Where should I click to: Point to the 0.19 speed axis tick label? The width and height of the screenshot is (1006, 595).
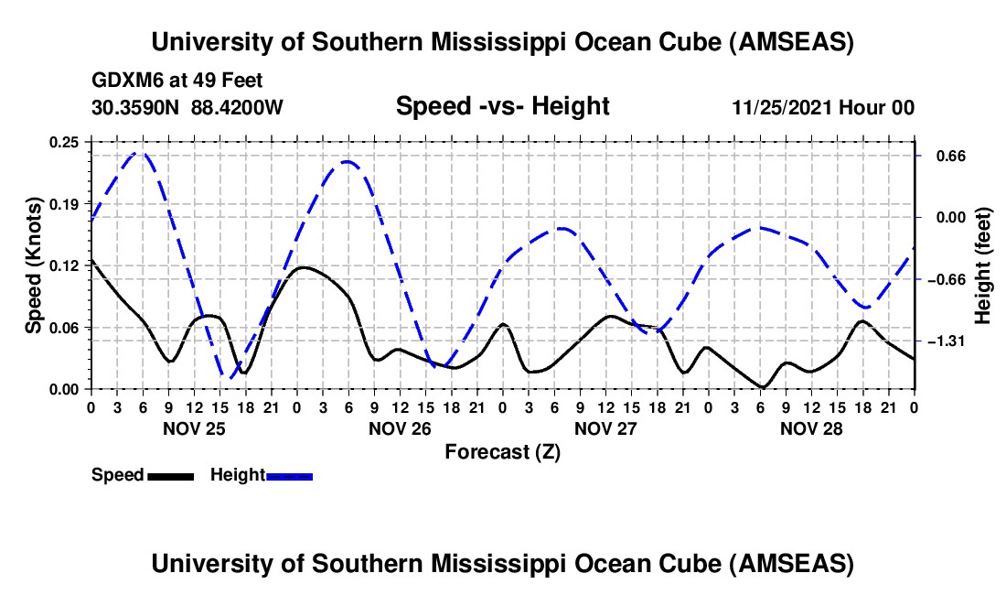[65, 203]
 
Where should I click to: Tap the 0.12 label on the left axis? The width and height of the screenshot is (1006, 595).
[65, 265]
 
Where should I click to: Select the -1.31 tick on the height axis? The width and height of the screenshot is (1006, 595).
[946, 341]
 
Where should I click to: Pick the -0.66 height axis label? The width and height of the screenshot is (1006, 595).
[946, 279]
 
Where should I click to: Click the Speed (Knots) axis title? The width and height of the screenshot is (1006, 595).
[33, 265]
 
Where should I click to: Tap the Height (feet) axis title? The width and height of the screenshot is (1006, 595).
[984, 265]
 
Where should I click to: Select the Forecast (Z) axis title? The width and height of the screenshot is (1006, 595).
[502, 451]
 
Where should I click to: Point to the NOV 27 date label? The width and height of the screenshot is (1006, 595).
[605, 428]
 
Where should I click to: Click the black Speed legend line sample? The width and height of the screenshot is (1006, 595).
[169, 475]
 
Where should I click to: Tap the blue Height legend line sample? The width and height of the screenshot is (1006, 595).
[289, 475]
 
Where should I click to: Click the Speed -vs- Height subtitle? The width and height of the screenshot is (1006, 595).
[502, 106]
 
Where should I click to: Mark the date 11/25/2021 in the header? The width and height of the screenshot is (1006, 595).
[782, 107]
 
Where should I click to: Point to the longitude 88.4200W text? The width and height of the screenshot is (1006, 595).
[238, 107]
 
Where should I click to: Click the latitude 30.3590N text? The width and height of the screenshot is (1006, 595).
[137, 107]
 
